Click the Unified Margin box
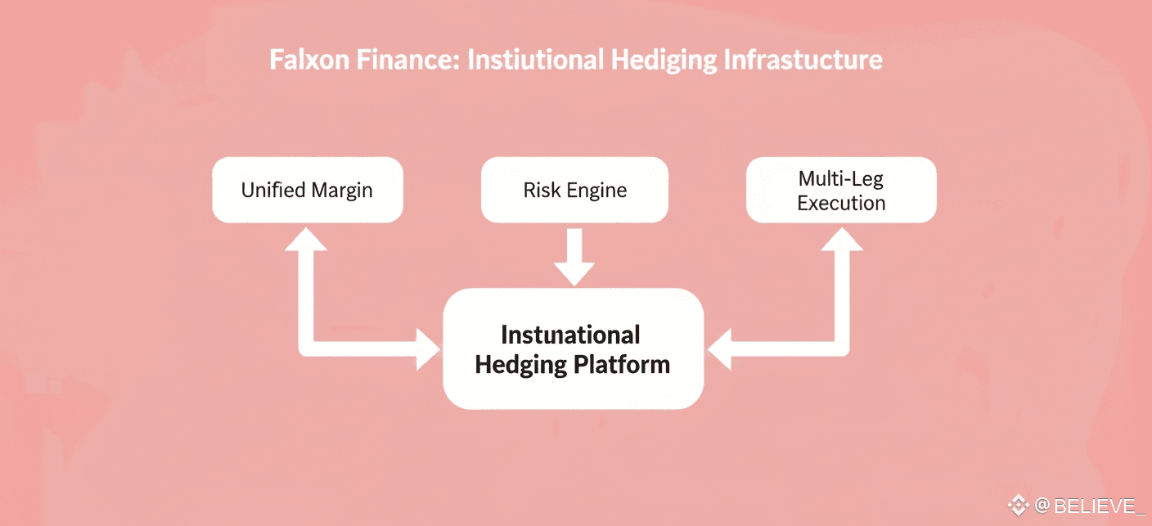(x=307, y=190)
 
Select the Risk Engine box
(x=574, y=190)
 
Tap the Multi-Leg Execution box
(x=841, y=190)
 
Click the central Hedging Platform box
(x=573, y=348)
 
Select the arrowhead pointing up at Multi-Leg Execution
(x=841, y=239)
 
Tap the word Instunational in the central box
(x=570, y=335)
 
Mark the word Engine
(x=599, y=191)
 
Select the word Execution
(x=841, y=203)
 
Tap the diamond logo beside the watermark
(x=1018, y=505)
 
